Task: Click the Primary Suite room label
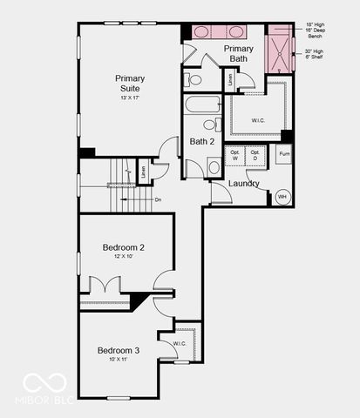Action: point(129,84)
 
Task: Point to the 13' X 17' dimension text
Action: point(129,98)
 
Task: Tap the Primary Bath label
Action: point(239,53)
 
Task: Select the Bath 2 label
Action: point(202,141)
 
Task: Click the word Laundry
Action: point(243,184)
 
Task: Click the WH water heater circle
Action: point(282,197)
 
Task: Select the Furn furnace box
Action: point(283,154)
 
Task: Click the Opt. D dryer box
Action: point(255,156)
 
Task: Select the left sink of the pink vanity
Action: point(201,32)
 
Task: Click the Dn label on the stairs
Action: point(158,200)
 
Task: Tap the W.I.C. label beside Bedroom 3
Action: point(180,344)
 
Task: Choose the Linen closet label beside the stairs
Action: point(142,171)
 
